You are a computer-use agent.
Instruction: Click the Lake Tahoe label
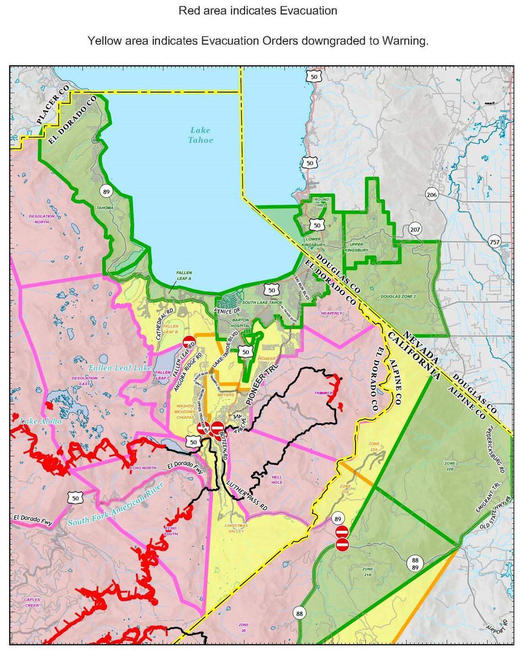[x=200, y=135]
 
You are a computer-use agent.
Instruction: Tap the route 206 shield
[x=432, y=195]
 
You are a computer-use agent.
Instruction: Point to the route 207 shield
[x=415, y=229]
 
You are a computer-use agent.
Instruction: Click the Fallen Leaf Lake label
[x=120, y=367]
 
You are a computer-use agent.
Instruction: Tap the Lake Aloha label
[x=40, y=421]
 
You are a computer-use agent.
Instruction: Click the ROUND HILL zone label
[x=321, y=203]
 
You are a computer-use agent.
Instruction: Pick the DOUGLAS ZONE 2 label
[x=398, y=297]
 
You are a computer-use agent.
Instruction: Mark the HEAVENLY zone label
[x=331, y=313]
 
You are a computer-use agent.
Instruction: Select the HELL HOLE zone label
[x=277, y=479]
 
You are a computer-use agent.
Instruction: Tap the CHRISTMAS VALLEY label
[x=236, y=528]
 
